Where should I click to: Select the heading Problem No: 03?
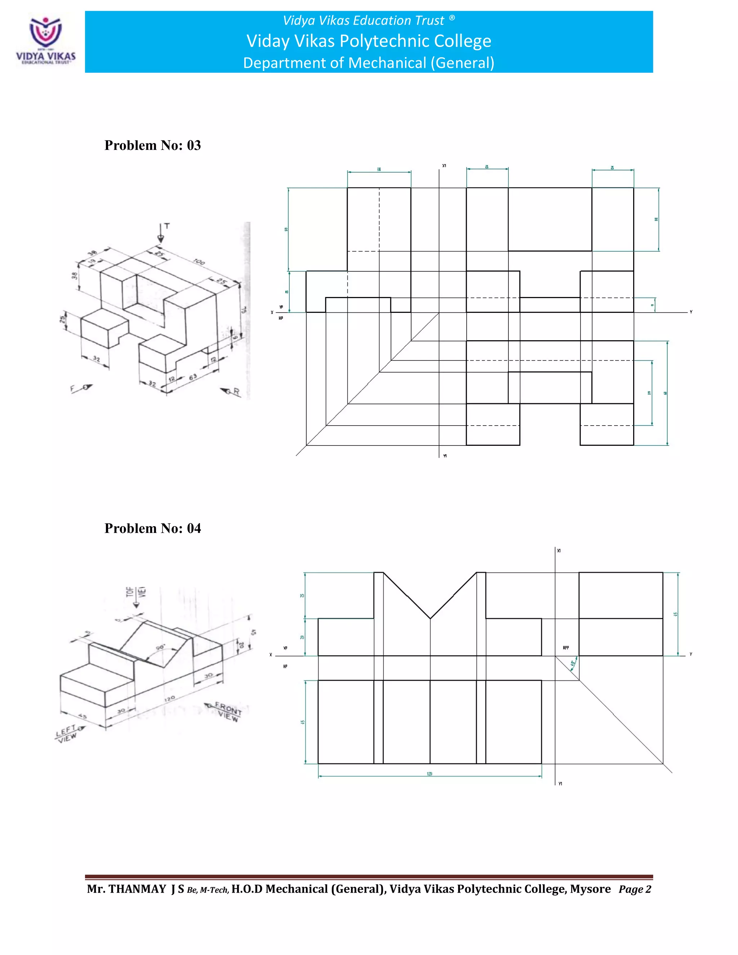(x=152, y=146)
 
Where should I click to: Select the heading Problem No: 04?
(x=152, y=529)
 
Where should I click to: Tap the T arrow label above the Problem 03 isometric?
(x=166, y=227)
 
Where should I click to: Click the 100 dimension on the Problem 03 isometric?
(x=199, y=262)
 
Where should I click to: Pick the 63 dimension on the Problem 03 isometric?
(x=193, y=377)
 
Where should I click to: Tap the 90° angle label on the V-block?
(x=160, y=648)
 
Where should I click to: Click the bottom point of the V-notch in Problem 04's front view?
(x=430, y=618)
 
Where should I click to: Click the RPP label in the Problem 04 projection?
(x=566, y=648)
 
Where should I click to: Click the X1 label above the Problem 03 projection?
(x=444, y=166)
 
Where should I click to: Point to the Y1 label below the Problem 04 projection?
(x=560, y=783)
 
